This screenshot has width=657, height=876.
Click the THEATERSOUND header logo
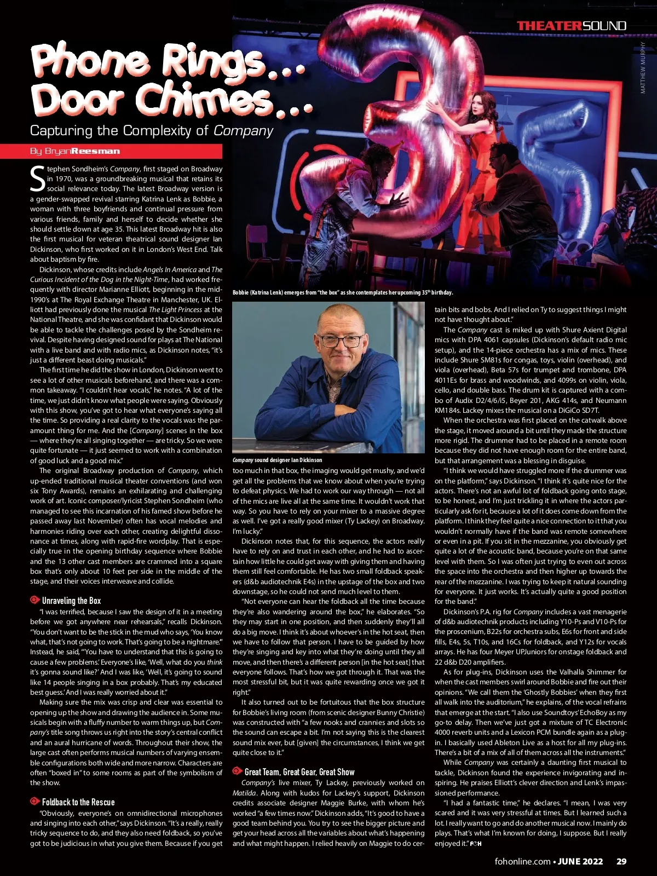[571, 26]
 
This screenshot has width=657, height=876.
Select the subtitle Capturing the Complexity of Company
[151, 131]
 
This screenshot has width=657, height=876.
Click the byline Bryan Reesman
[75, 151]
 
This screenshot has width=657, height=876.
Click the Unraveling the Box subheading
[71, 601]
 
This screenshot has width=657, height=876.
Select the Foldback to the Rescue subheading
[78, 802]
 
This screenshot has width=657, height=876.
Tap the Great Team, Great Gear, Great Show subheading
[299, 772]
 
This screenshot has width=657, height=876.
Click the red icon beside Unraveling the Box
[35, 600]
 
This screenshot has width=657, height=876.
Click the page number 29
[621, 861]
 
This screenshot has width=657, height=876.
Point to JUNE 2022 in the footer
[580, 861]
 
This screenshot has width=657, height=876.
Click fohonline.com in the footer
[522, 861]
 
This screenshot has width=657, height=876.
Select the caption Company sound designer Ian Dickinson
[277, 460]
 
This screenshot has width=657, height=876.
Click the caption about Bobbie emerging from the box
[342, 292]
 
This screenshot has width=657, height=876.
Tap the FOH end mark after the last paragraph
[475, 844]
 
